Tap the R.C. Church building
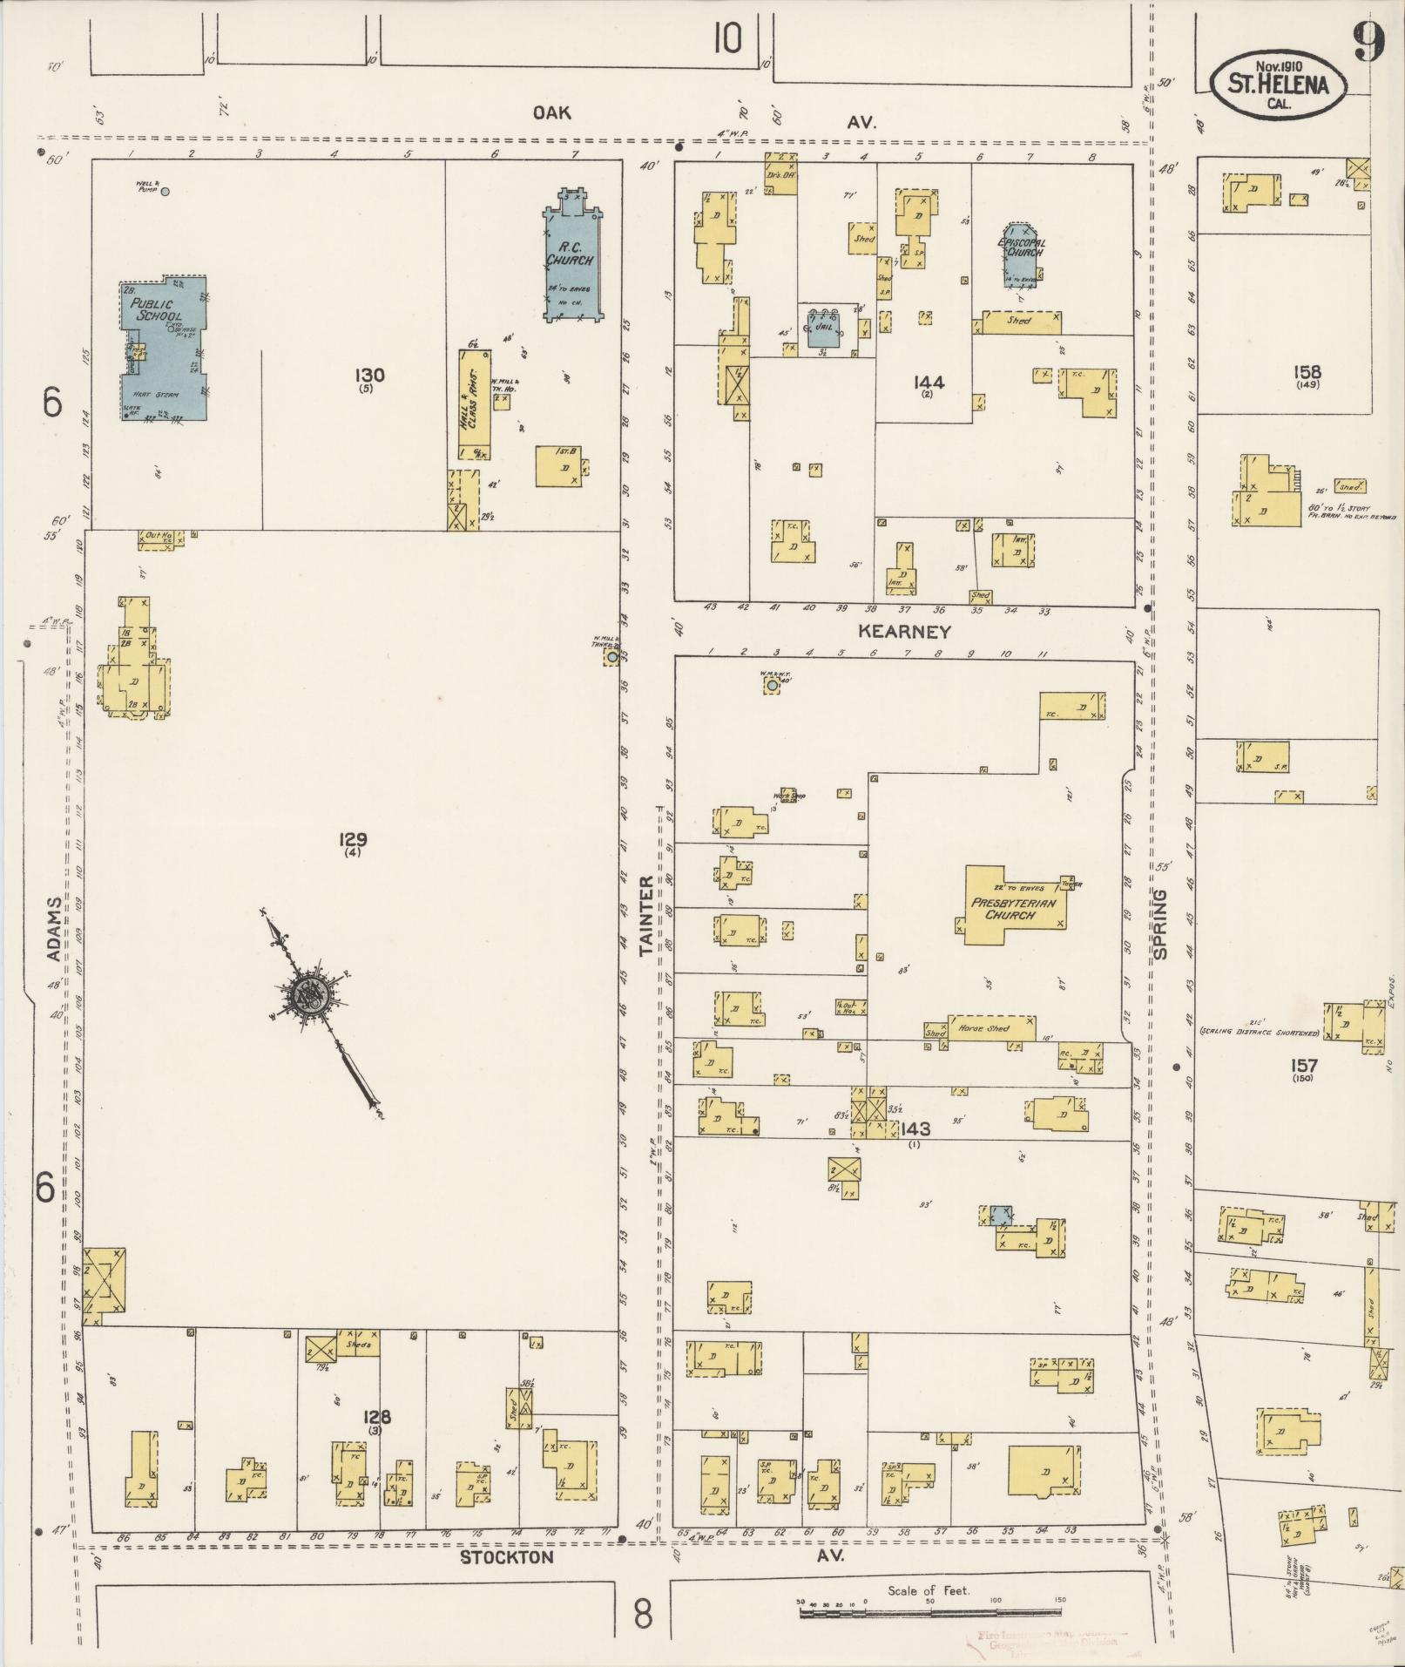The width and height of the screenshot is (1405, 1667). point(571,261)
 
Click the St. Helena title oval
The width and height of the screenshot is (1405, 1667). point(1278,85)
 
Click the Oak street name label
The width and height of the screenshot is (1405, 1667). point(552,112)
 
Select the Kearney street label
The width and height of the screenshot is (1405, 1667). point(904,632)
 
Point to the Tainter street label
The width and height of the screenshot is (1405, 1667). point(647,917)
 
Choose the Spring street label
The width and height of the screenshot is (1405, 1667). point(1160,924)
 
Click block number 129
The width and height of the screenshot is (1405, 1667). point(353,840)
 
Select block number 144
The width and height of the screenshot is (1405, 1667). point(929,382)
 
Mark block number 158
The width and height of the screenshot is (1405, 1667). point(1307,372)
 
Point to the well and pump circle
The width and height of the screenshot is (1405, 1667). point(165,191)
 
